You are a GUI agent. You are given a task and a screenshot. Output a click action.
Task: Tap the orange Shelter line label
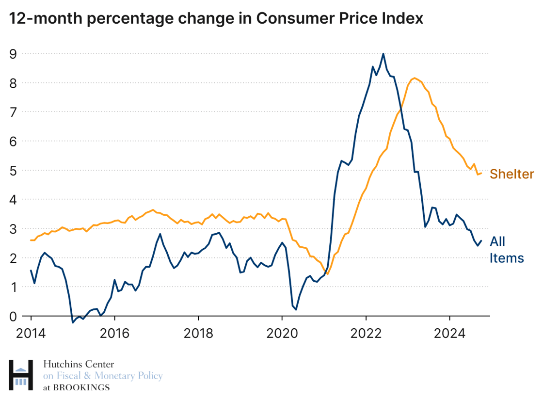click(511, 174)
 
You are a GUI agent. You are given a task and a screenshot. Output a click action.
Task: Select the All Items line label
click(506, 249)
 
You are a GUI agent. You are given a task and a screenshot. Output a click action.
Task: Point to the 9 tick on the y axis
click(14, 53)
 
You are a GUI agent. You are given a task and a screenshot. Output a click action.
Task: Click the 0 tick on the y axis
click(14, 316)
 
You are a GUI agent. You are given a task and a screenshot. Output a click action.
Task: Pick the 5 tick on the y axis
click(14, 170)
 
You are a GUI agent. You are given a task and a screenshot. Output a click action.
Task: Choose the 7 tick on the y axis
click(14, 112)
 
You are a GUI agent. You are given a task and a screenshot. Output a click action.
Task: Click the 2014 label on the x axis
click(31, 334)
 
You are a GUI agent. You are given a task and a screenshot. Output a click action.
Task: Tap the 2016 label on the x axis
click(114, 334)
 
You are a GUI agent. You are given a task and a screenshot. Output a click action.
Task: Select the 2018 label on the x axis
click(198, 334)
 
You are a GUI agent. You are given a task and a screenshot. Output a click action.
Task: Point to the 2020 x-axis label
click(282, 334)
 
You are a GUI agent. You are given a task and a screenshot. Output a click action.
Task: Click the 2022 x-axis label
click(366, 334)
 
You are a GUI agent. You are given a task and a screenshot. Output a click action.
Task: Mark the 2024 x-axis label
click(449, 334)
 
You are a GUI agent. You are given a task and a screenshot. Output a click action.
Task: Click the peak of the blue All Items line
click(383, 54)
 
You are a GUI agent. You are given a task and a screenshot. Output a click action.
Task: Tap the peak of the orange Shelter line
click(414, 78)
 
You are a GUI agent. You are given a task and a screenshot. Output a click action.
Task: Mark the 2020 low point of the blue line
click(296, 309)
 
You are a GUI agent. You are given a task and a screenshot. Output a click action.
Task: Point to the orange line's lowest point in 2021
click(327, 274)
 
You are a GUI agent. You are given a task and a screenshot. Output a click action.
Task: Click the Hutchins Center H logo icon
click(21, 375)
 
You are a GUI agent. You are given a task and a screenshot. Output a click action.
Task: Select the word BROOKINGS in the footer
click(81, 387)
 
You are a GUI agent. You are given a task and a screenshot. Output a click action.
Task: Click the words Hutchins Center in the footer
click(79, 365)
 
